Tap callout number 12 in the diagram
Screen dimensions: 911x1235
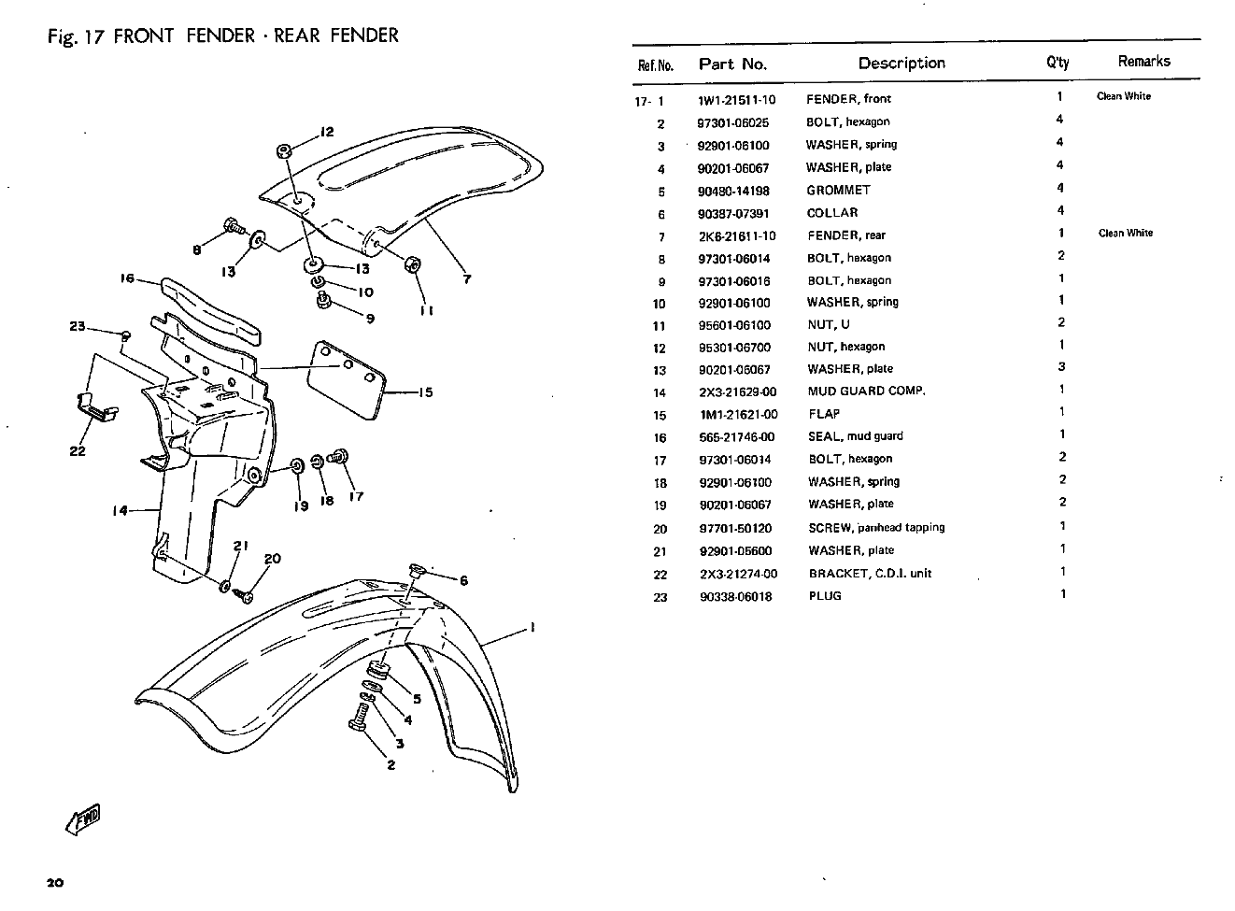(x=327, y=132)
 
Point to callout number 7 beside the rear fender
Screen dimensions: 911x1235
(x=467, y=278)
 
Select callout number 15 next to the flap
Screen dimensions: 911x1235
(x=425, y=392)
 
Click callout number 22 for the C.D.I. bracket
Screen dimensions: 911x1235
(x=78, y=451)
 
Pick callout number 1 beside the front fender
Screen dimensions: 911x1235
(x=532, y=627)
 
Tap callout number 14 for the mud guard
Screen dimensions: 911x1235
(x=120, y=511)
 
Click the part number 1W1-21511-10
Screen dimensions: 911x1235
(x=736, y=100)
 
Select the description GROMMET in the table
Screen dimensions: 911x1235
(x=838, y=191)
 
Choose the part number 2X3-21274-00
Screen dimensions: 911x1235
(x=738, y=574)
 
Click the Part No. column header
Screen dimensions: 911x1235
(x=732, y=64)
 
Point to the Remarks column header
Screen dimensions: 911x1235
(x=1143, y=62)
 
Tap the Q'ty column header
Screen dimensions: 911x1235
(x=1058, y=64)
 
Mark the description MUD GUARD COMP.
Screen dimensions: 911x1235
(x=866, y=391)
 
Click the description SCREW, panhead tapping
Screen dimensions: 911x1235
(x=876, y=528)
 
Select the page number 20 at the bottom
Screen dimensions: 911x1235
(x=53, y=883)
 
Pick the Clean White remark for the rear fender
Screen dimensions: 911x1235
(x=1125, y=234)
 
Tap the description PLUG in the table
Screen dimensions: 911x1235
(x=825, y=596)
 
